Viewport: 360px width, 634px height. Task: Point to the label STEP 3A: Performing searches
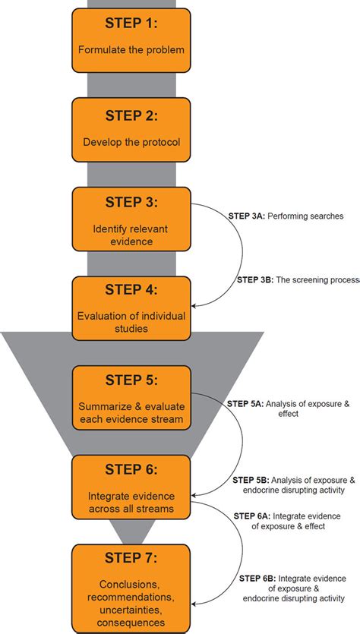point(286,216)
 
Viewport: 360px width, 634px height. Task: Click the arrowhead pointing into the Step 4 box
point(196,305)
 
